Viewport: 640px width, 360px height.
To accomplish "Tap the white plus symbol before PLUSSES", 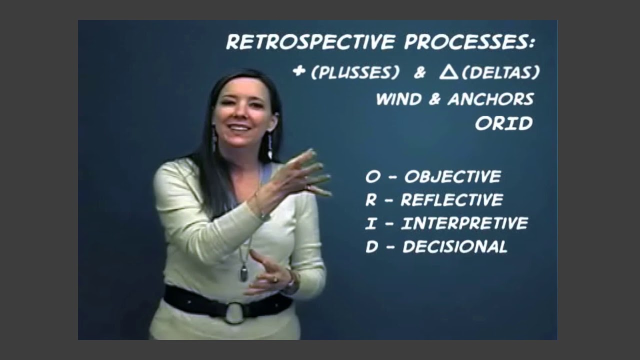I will pos(299,71).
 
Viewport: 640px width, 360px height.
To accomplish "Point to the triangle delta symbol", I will pos(448,72).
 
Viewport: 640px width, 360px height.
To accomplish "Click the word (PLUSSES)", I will pos(355,73).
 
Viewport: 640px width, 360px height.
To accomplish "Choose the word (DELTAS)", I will pos(501,73).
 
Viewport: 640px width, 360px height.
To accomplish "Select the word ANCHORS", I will pos(490,99).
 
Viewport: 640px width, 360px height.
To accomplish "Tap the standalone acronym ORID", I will pos(503,123).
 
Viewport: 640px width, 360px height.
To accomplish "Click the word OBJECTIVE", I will pos(452,176).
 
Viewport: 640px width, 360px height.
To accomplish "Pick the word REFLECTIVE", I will pos(451,200).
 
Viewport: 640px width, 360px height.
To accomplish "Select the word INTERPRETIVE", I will pos(464,223).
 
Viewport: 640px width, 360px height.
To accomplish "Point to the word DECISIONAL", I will pos(454,246).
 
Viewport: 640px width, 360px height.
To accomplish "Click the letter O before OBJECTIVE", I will pos(372,177).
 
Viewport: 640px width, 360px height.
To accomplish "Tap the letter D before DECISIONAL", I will pos(371,247).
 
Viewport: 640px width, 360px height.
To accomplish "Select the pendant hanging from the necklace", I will pos(244,272).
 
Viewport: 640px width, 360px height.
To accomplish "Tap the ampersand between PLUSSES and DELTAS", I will pos(419,73).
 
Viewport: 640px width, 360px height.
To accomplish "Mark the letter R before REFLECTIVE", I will pos(370,200).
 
